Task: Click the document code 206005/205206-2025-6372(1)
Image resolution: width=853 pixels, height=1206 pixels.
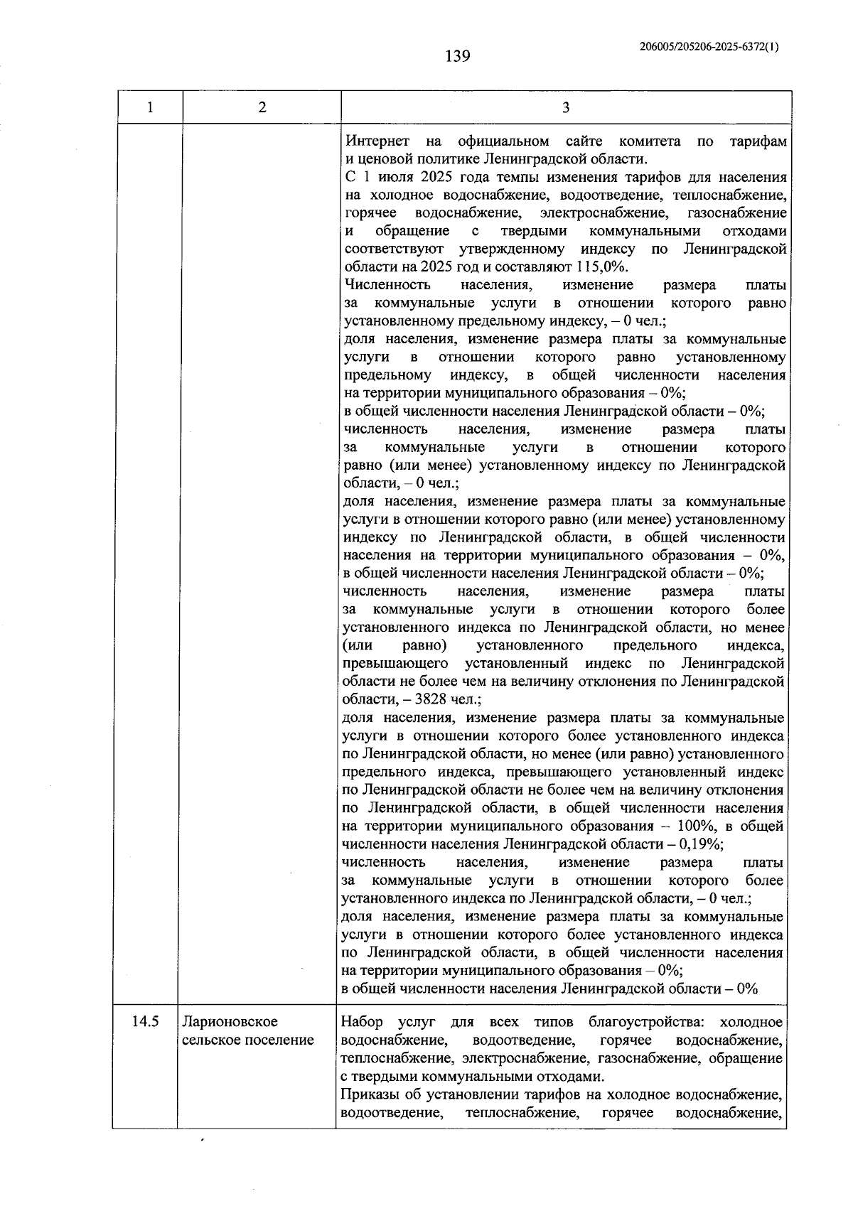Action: pos(709,47)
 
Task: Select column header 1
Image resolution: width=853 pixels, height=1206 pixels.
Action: pos(149,108)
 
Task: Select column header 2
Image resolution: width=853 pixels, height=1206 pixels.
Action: pos(262,108)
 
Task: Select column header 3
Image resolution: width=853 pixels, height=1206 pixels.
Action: pos(566,108)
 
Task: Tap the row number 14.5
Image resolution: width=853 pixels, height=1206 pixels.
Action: pos(145,1021)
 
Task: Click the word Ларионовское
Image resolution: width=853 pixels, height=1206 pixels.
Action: pos(230,1021)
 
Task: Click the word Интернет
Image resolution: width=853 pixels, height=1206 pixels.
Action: pos(372,141)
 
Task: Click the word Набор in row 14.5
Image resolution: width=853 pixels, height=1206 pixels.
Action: pos(362,1022)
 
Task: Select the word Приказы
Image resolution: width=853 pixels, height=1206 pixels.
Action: pos(370,1094)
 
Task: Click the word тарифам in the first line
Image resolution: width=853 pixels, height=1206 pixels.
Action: pos(758,141)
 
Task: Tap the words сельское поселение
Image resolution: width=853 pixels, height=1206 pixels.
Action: pos(248,1040)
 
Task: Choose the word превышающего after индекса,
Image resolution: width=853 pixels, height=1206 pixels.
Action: pos(395,664)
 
